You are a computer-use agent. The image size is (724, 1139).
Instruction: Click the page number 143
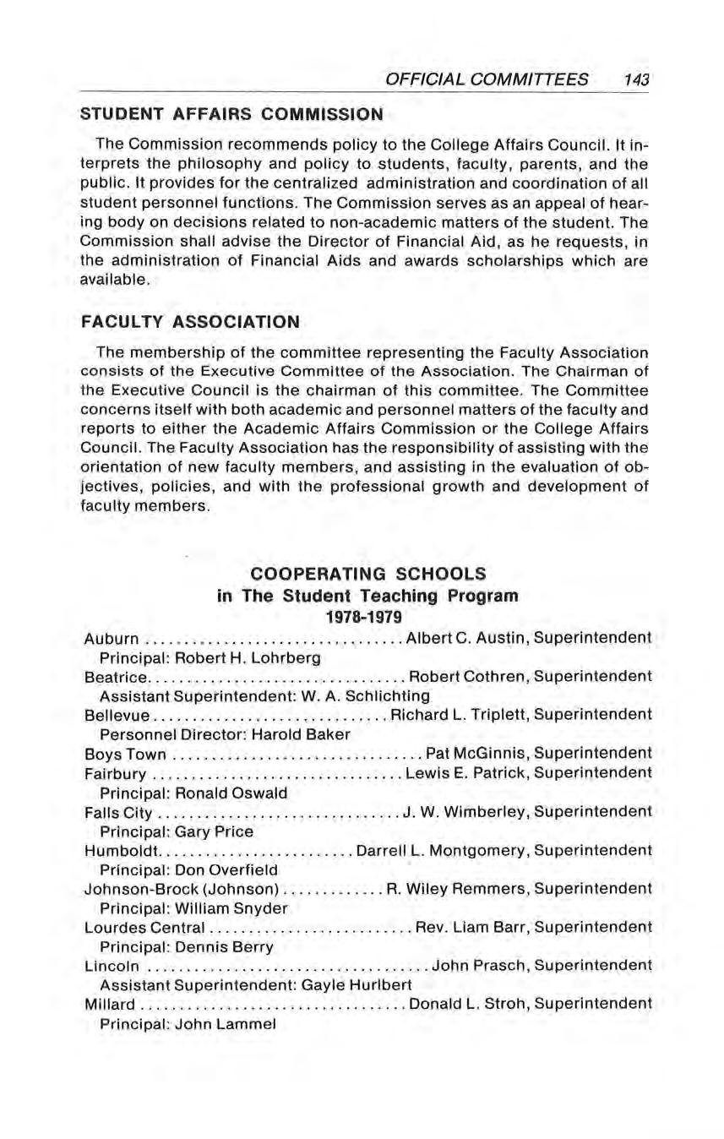tap(634, 79)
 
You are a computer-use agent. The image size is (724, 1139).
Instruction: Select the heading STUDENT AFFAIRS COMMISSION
tap(231, 112)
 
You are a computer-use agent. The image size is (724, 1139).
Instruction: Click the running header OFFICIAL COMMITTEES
tap(487, 79)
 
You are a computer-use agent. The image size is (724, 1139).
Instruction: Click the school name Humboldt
tap(122, 849)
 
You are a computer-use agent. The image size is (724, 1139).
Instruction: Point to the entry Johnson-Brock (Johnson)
tap(182, 888)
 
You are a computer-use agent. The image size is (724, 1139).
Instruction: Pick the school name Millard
tap(110, 1004)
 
